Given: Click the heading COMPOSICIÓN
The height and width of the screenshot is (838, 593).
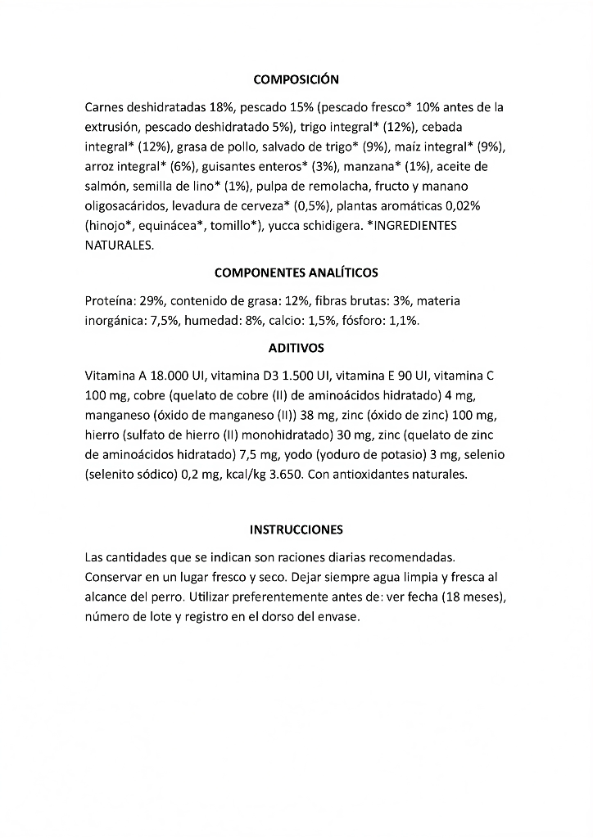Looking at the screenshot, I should (296, 79).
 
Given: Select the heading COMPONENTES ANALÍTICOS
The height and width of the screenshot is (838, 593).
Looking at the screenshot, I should (296, 273).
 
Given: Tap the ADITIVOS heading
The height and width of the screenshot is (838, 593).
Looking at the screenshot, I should (296, 348).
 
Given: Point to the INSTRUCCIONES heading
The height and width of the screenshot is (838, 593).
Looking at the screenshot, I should (296, 529).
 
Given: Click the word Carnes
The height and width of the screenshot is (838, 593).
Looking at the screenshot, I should (104, 107).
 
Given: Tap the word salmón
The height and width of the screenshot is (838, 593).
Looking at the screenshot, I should (104, 187).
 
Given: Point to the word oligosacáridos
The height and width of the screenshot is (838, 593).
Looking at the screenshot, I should (125, 206).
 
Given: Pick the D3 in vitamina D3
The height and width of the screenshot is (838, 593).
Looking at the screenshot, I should (264, 376).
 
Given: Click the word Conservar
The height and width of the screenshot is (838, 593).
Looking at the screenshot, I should (114, 578).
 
